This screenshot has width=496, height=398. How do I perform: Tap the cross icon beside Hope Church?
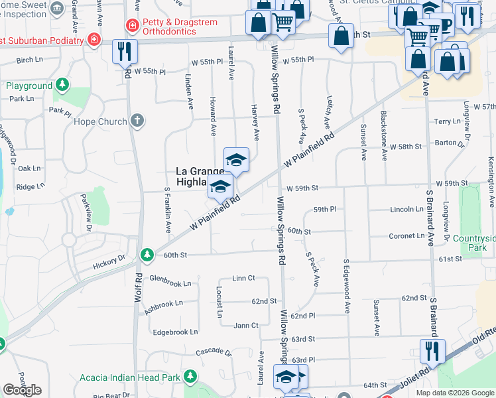(137, 121)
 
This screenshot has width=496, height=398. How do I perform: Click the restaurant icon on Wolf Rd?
(125, 51)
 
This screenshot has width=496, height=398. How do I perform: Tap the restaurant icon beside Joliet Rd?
(432, 350)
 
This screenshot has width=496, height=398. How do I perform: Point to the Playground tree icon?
(62, 85)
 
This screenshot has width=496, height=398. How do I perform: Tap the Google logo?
(23, 390)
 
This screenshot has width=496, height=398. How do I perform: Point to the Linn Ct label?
(243, 278)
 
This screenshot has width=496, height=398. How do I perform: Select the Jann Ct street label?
(246, 325)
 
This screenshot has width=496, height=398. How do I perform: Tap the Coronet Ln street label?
(406, 235)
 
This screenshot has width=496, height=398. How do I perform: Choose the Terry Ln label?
(446, 121)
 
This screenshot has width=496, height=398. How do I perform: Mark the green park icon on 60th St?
(147, 254)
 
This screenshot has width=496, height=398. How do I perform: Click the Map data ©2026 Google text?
(454, 393)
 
